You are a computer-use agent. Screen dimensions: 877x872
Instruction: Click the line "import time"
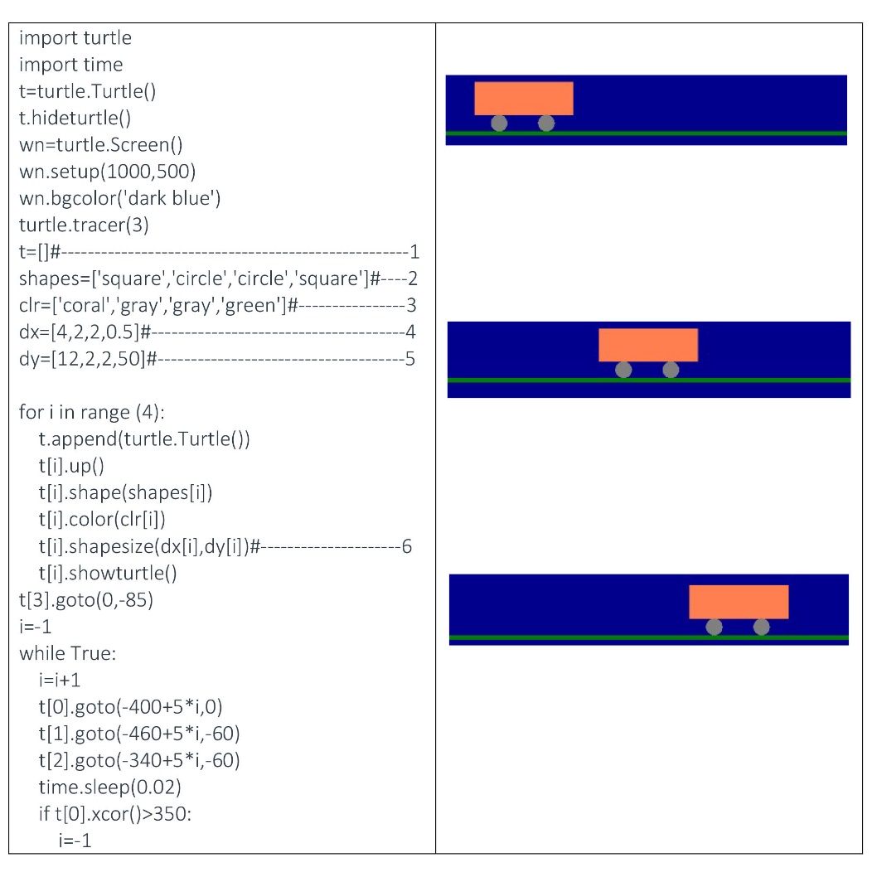[70, 65]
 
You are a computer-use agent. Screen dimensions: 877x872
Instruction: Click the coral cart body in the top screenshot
[523, 98]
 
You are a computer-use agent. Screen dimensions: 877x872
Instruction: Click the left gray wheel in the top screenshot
[499, 124]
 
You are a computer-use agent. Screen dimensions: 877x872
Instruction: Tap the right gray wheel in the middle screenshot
[671, 370]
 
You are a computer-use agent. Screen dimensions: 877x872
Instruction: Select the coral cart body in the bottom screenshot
[739, 601]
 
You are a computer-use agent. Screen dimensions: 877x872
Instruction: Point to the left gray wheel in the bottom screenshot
[714, 627]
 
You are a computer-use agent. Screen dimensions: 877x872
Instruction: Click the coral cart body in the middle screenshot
[648, 345]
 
